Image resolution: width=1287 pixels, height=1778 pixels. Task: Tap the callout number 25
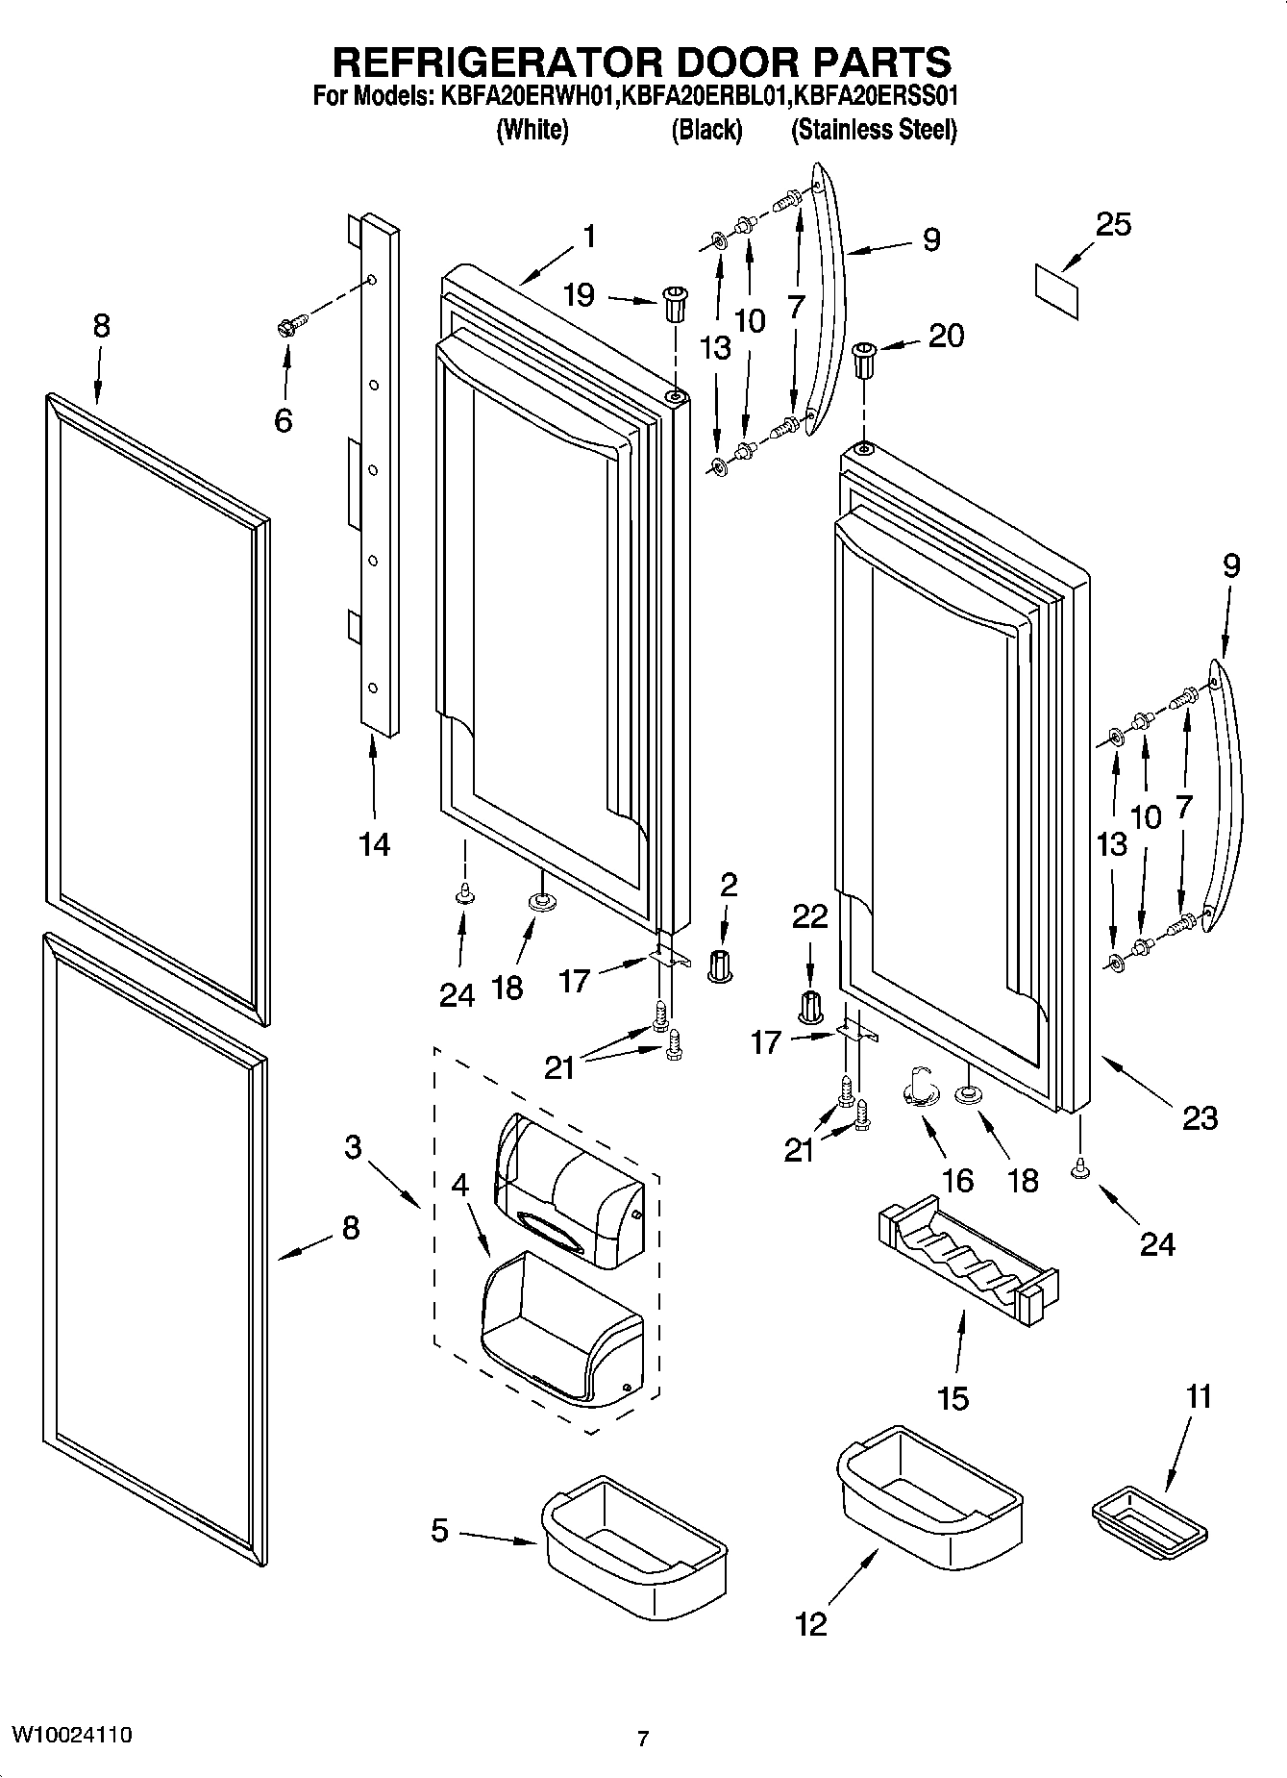[x=1113, y=225]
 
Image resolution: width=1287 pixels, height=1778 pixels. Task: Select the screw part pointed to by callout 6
[x=290, y=324]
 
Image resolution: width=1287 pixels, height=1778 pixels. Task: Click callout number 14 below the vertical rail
[x=374, y=844]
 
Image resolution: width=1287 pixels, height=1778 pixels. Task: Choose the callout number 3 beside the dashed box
[x=353, y=1146]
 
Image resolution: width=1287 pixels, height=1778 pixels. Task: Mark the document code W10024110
[x=72, y=1735]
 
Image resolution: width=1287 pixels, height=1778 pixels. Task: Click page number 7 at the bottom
[x=643, y=1739]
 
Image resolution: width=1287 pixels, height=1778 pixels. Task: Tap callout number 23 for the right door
[x=1199, y=1117]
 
